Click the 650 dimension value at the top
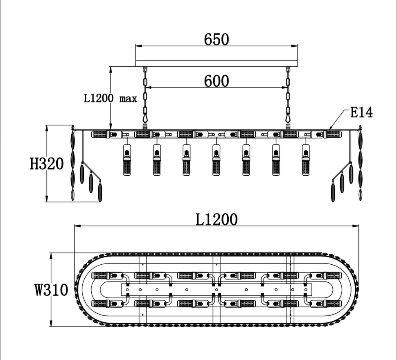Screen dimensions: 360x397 (217, 40)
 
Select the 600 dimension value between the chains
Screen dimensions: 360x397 (217, 81)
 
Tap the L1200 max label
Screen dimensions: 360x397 (111, 99)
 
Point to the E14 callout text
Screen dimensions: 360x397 (361, 112)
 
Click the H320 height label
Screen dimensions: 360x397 (47, 164)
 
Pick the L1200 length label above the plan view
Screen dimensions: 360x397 (216, 220)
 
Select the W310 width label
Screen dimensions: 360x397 (51, 290)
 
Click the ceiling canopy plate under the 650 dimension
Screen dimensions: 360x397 (217, 63)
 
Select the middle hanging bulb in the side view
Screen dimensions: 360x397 (216, 160)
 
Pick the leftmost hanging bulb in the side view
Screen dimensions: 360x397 (126, 160)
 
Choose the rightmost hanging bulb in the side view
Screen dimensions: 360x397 (306, 160)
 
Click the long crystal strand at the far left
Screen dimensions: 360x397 (73, 164)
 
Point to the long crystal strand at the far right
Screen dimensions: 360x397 (360, 164)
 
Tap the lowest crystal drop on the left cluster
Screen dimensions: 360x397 (100, 191)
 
